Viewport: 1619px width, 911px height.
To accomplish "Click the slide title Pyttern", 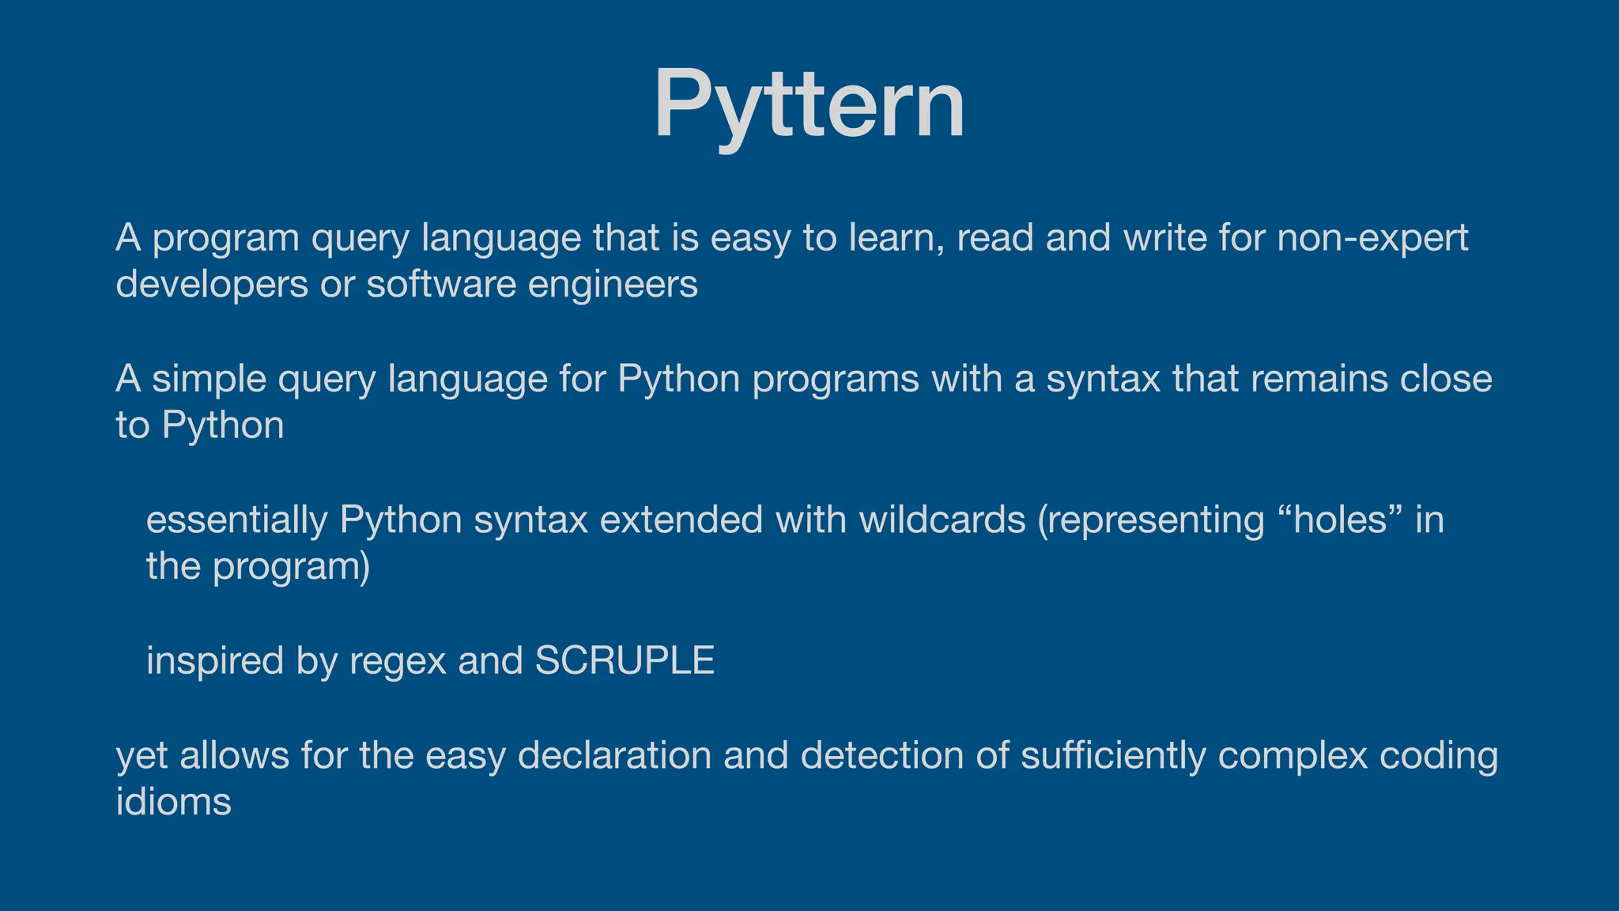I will pos(809,104).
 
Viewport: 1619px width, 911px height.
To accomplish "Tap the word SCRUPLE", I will pos(625,660).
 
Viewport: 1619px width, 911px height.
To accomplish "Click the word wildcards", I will pos(942,520).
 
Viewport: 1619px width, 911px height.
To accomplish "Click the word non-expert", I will pos(1372,238).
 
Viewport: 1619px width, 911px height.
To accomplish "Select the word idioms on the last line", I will pos(173,802).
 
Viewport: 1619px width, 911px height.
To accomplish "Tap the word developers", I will pos(212,285).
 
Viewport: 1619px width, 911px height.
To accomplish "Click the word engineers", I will pos(613,285).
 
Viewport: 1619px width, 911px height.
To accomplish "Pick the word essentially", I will pos(236,520).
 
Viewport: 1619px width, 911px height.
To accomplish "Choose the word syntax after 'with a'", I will pos(1103,380).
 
